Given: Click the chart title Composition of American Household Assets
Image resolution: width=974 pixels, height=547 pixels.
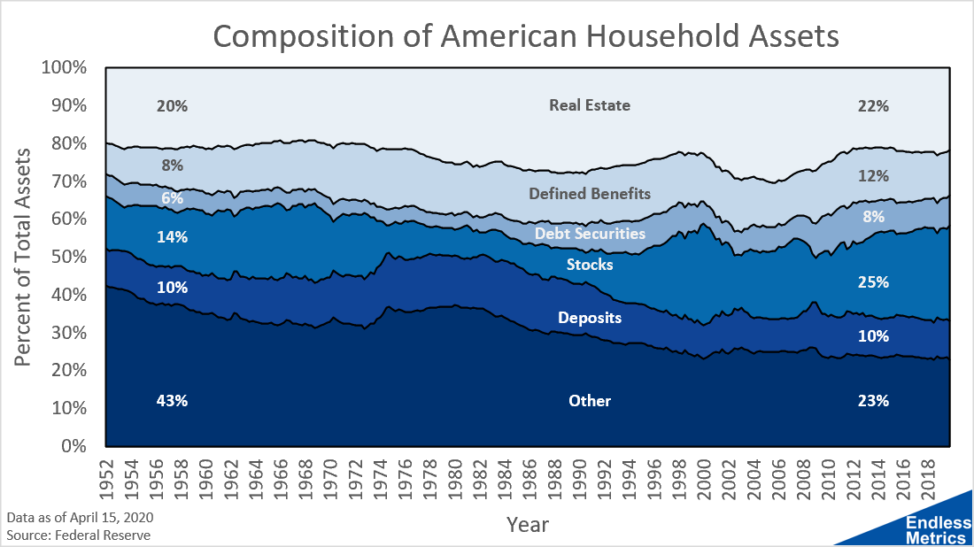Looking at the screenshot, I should click(525, 37).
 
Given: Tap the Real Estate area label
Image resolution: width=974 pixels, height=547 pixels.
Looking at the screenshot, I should click(590, 105).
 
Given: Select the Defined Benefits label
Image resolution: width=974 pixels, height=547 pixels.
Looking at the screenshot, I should click(590, 193).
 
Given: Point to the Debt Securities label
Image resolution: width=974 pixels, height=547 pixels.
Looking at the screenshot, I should click(590, 234).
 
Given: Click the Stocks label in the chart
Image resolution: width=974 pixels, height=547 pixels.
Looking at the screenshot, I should click(590, 264).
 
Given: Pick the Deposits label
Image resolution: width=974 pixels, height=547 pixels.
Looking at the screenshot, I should click(590, 318).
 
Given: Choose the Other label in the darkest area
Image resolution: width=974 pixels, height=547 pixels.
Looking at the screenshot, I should click(590, 401).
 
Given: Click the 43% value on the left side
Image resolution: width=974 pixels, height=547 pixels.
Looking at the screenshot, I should click(172, 401).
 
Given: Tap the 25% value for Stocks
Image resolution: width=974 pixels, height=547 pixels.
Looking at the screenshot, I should click(873, 283).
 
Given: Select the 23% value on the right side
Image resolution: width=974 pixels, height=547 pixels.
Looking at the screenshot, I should click(873, 401).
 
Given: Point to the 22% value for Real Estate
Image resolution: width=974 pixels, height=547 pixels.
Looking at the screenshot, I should click(873, 106).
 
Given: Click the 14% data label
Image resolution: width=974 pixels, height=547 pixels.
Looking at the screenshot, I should click(172, 237).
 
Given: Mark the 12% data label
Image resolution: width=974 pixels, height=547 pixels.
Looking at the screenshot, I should click(873, 176).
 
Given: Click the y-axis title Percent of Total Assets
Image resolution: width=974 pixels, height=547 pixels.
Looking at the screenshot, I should click(25, 257).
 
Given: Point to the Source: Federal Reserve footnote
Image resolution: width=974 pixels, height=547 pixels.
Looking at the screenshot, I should click(79, 535).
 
